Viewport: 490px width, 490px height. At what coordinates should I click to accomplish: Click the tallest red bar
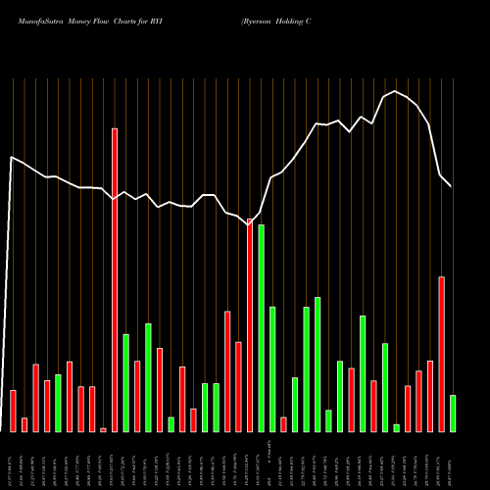click(115, 279)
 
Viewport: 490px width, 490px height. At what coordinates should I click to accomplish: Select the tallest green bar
click(261, 328)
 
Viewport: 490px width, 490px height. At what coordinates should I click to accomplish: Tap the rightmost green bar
click(452, 413)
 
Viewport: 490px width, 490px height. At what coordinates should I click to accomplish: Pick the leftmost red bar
click(14, 411)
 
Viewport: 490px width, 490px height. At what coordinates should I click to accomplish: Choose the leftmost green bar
click(58, 403)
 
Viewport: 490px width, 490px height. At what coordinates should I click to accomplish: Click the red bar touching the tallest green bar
click(250, 325)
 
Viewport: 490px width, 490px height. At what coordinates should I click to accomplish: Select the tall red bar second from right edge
click(441, 354)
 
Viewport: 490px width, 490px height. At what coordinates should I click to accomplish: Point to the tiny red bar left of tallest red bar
click(103, 429)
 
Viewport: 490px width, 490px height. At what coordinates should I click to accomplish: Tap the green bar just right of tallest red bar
click(125, 382)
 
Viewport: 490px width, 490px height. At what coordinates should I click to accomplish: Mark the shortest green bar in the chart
click(396, 427)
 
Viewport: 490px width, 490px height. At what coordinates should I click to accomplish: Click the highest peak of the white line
click(395, 91)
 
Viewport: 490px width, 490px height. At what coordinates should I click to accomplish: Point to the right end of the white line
click(452, 186)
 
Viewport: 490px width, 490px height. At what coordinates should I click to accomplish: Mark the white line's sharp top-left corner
click(11, 157)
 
